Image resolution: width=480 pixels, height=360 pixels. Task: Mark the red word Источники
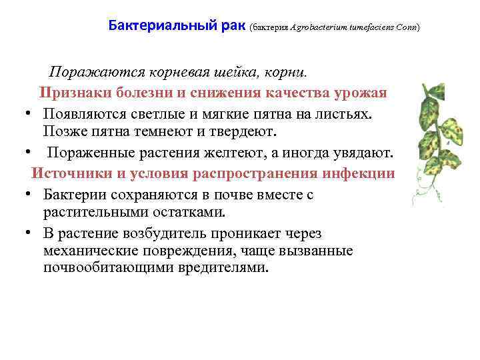coord(70,173)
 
